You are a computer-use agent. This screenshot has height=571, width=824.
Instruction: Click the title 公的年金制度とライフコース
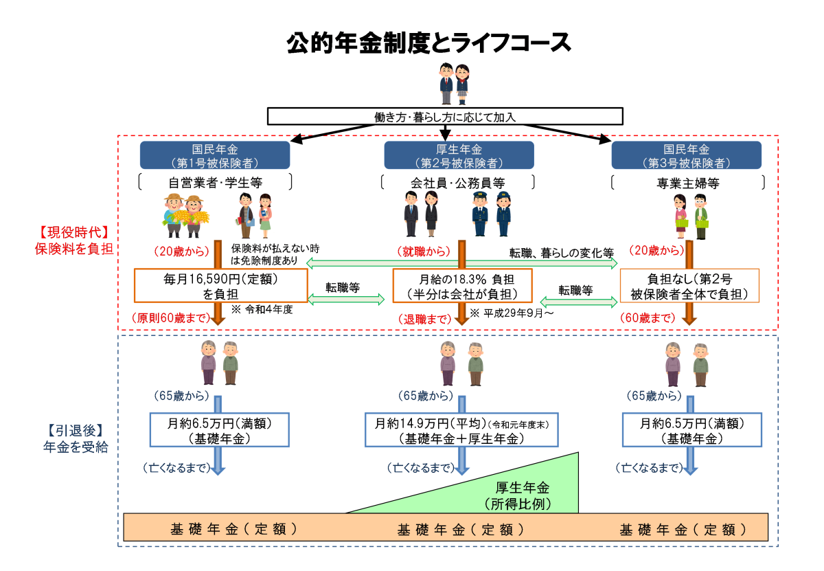[x=429, y=43]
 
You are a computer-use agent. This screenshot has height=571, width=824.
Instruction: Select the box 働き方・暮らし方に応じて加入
[x=445, y=117]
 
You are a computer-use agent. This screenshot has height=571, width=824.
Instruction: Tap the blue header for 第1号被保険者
[x=215, y=155]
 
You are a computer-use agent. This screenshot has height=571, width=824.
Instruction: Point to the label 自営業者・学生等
[x=215, y=183]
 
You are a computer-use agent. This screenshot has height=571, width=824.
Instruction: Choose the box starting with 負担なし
[x=689, y=286]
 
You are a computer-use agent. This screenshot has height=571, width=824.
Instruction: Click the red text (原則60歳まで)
[x=170, y=318]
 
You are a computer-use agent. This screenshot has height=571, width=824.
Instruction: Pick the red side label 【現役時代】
[x=73, y=232]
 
